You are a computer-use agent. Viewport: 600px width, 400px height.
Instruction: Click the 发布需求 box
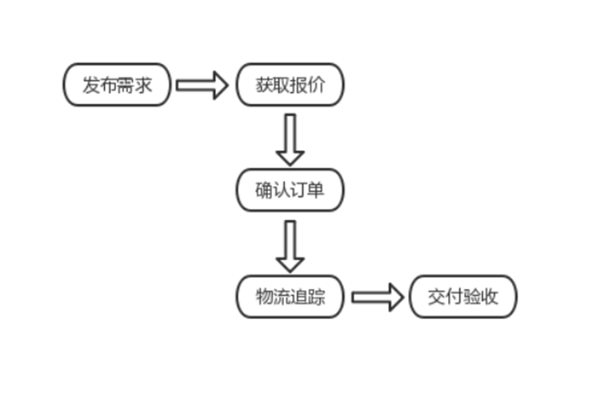click(117, 84)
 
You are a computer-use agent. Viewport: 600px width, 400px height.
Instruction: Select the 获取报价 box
click(290, 84)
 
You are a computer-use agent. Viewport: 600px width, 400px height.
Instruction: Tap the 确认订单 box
click(290, 190)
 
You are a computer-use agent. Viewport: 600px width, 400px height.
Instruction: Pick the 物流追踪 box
click(290, 297)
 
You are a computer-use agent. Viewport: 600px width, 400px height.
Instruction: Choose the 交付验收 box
click(463, 297)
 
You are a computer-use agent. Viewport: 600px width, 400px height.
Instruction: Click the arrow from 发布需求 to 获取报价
click(202, 84)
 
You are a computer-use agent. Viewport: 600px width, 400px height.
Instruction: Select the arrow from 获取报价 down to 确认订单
click(290, 138)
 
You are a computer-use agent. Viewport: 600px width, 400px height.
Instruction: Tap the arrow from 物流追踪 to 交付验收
click(377, 297)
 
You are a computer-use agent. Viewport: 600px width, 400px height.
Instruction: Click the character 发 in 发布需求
click(92, 84)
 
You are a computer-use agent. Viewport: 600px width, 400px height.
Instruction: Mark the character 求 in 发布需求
click(142, 84)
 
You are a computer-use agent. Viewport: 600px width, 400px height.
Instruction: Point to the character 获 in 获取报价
click(265, 84)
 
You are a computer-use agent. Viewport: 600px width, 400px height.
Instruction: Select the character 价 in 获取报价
click(316, 84)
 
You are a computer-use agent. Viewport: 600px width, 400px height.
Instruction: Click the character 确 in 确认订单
click(265, 190)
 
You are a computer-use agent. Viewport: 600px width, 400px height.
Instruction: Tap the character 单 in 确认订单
click(316, 190)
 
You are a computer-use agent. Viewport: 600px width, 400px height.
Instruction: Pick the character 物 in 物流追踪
click(265, 297)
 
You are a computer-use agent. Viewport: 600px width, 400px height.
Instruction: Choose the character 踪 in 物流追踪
click(316, 297)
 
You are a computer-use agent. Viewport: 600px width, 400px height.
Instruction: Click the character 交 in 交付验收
click(438, 297)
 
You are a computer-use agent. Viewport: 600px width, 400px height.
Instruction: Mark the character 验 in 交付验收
click(472, 297)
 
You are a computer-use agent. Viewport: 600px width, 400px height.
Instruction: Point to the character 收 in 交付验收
click(489, 297)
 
